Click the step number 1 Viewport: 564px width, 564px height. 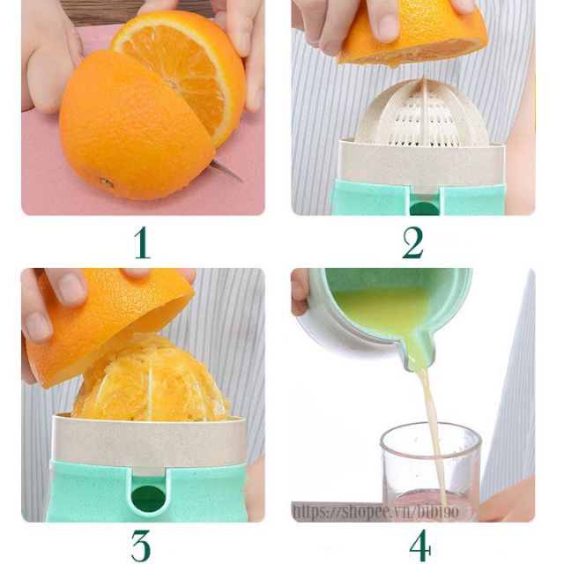click(143, 243)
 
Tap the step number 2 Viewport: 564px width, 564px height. click(413, 243)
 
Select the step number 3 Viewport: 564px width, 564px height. click(141, 546)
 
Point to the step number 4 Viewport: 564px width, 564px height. click(420, 545)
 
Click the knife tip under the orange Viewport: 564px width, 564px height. click(241, 180)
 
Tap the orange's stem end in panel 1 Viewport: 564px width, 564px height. click(107, 183)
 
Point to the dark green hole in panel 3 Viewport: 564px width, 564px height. click(148, 498)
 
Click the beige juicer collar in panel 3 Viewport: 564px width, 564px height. click(149, 441)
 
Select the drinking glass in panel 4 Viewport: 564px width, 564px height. click(431, 471)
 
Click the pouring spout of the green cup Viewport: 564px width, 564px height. click(419, 351)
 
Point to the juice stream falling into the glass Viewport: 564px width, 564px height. click(434, 432)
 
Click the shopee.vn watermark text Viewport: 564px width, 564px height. click(376, 511)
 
